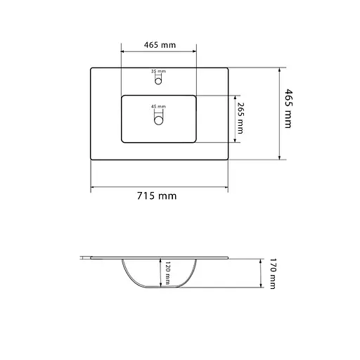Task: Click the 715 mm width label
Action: tap(158, 196)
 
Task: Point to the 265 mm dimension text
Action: tap(240, 118)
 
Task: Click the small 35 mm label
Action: tap(158, 72)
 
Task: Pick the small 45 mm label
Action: tap(158, 107)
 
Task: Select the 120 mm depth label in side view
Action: tap(168, 273)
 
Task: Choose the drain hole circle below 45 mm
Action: tap(159, 121)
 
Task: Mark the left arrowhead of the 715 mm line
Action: tap(93, 188)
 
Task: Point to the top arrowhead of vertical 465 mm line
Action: tap(280, 70)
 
